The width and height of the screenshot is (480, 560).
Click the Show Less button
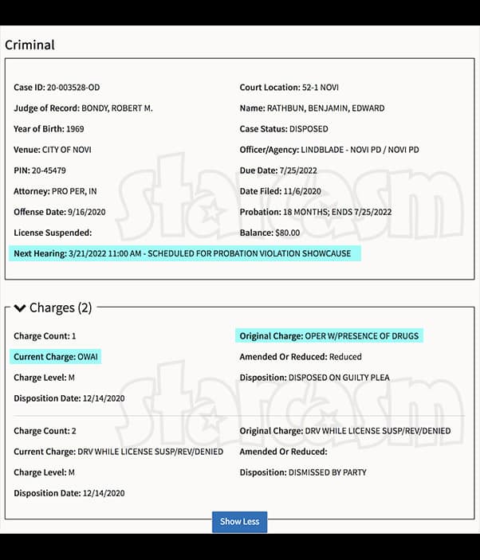pyautogui.click(x=239, y=522)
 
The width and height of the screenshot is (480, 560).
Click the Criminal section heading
pyautogui.click(x=30, y=45)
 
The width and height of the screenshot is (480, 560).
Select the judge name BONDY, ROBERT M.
pyautogui.click(x=117, y=108)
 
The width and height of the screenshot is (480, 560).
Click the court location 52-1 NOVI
pyautogui.click(x=322, y=87)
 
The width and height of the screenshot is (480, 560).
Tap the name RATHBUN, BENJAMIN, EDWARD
pyautogui.click(x=327, y=108)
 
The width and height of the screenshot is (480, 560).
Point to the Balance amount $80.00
pyautogui.click(x=287, y=233)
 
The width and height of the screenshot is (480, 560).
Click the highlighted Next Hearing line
pyautogui.click(x=184, y=253)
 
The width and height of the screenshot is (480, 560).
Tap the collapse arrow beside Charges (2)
pyautogui.click(x=20, y=307)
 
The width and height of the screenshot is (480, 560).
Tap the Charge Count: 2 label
pyautogui.click(x=45, y=431)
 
